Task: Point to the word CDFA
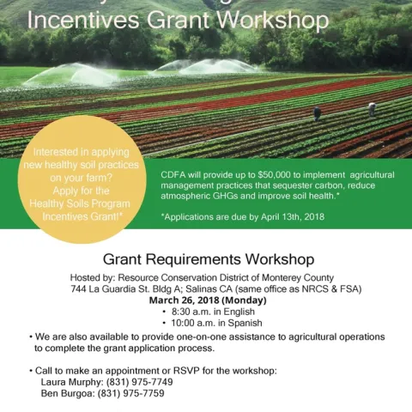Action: (175, 174)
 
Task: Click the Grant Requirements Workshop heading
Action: (208, 258)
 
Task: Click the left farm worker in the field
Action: (317, 112)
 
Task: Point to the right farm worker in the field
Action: (372, 109)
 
